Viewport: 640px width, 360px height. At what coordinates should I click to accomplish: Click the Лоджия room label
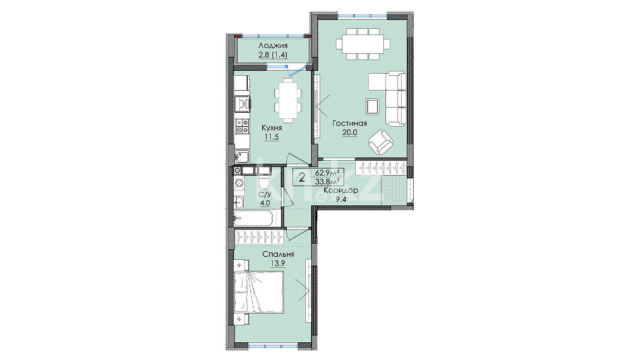click(273, 46)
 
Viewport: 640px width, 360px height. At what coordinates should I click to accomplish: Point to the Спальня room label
click(278, 254)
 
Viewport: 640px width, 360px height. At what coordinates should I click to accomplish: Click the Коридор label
click(341, 190)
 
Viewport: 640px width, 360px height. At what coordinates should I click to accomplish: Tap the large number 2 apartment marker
click(302, 178)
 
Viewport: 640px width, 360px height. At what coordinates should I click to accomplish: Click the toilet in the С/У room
click(263, 182)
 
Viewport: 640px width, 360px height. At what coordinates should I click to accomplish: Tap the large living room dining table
click(363, 44)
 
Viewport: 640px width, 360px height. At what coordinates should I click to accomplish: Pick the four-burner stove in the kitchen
click(242, 126)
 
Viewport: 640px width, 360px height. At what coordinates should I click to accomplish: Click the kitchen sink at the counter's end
click(242, 157)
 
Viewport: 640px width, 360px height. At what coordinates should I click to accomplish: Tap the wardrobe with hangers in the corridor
click(381, 168)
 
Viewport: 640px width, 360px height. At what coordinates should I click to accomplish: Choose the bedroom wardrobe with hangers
click(259, 237)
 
